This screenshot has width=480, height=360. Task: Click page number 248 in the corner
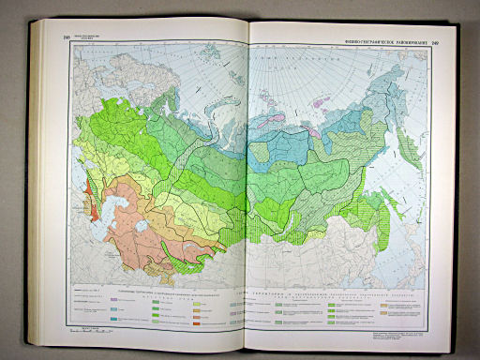pos(67,37)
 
